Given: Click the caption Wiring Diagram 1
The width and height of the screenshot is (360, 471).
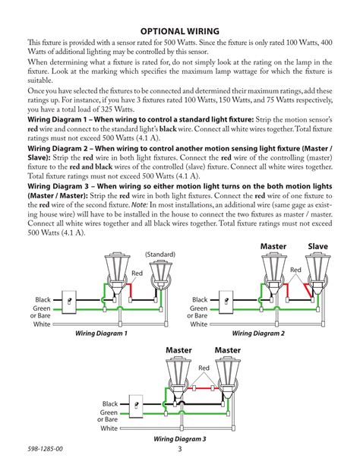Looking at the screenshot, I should click(x=101, y=333).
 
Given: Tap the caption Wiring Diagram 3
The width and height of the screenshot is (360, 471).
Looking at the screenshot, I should click(x=180, y=440).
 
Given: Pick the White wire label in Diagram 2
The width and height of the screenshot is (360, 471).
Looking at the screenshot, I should click(x=199, y=324).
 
